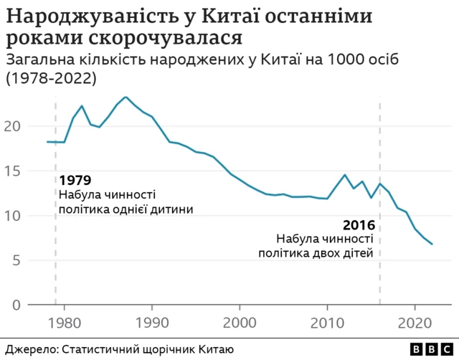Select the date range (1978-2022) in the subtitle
click(x=52, y=78)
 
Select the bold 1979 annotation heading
click(x=75, y=180)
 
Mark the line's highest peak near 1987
click(x=126, y=97)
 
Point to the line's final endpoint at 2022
click(x=432, y=245)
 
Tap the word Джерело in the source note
click(x=28, y=349)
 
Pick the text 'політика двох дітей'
click(x=316, y=254)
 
